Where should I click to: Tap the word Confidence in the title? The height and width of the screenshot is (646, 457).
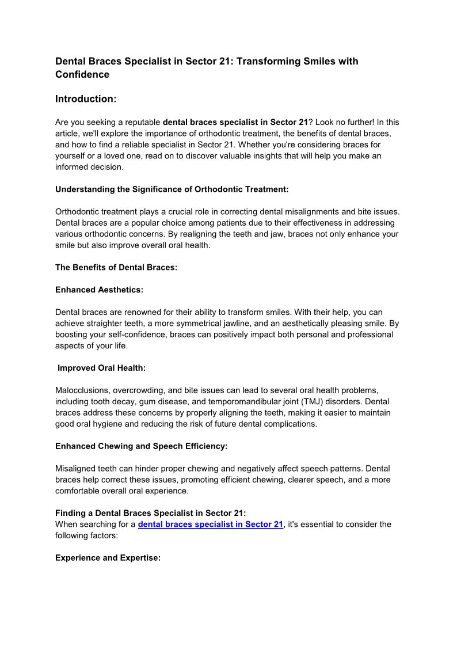pyautogui.click(x=82, y=74)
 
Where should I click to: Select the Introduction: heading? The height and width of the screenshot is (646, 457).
pyautogui.click(x=86, y=99)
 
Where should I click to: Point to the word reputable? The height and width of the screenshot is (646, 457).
pyautogui.click(x=141, y=122)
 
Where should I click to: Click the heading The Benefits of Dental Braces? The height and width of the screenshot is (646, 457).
pyautogui.click(x=116, y=267)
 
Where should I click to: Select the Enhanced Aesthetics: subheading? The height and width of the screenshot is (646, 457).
pyautogui.click(x=99, y=290)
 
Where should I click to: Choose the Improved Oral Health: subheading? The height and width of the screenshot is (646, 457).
pyautogui.click(x=101, y=368)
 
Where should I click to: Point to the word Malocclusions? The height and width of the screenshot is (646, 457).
pyautogui.click(x=82, y=390)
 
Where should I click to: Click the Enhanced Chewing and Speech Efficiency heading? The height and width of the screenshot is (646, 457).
pyautogui.click(x=142, y=446)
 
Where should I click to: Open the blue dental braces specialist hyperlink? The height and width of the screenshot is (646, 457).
pyautogui.click(x=211, y=525)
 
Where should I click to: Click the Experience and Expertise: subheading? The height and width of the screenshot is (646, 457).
pyautogui.click(x=108, y=558)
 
